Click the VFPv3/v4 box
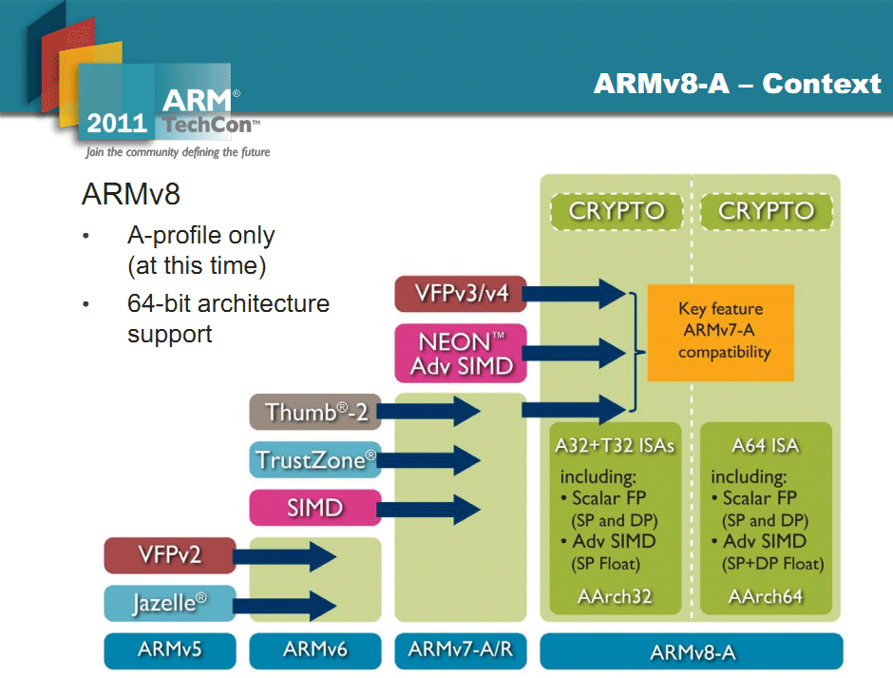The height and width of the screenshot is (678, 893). (x=460, y=294)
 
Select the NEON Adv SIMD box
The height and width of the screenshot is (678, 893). (x=460, y=354)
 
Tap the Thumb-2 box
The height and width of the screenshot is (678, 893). (x=315, y=412)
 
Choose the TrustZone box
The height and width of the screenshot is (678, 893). (x=315, y=459)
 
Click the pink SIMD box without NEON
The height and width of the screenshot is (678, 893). (x=315, y=508)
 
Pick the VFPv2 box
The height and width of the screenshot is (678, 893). (x=170, y=555)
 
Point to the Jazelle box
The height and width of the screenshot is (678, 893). (x=170, y=603)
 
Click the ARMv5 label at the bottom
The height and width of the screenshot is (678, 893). (x=170, y=650)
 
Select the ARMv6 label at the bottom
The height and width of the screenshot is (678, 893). (x=315, y=650)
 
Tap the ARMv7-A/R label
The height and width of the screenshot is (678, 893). (x=460, y=650)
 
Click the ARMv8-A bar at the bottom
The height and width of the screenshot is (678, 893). (x=692, y=651)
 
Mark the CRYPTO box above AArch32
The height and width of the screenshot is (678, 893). (x=617, y=211)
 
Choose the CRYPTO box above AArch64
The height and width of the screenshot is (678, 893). (x=767, y=211)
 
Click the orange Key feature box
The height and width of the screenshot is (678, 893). (x=720, y=333)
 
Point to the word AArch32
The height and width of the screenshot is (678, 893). (x=615, y=596)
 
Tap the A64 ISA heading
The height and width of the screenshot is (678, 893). (x=766, y=445)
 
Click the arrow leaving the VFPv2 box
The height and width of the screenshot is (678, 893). (x=285, y=556)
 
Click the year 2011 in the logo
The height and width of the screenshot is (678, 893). (x=117, y=124)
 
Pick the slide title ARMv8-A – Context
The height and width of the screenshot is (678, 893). (x=737, y=84)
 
